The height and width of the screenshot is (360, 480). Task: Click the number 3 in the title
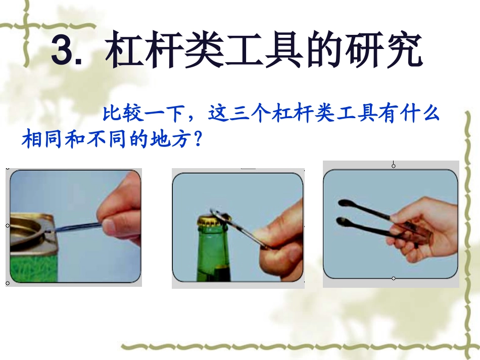point(63,50)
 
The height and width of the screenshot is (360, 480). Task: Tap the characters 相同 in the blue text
point(42,138)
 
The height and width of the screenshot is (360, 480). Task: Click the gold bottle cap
point(208,220)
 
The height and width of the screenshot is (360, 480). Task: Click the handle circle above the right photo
point(394,165)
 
